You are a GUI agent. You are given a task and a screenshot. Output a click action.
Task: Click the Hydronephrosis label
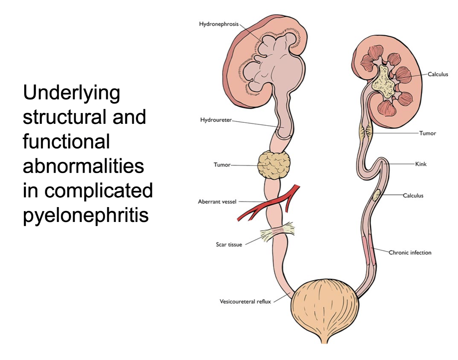pyautogui.click(x=219, y=24)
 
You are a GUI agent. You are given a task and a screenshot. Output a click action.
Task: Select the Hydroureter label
pyautogui.click(x=215, y=120)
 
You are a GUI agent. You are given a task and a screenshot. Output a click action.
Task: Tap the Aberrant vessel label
pyautogui.click(x=217, y=202)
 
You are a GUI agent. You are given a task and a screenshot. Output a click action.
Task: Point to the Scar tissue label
pyautogui.click(x=229, y=245)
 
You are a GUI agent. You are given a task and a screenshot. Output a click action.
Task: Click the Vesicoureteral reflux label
pyautogui.click(x=245, y=301)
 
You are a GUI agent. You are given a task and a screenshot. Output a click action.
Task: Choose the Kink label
pyautogui.click(x=421, y=164)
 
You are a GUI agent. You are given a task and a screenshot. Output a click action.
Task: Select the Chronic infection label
pyautogui.click(x=410, y=252)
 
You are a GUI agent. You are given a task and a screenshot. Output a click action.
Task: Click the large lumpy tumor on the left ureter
pyautogui.click(x=274, y=165)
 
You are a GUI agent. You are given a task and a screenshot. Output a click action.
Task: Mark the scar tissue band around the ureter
pyautogui.click(x=278, y=231)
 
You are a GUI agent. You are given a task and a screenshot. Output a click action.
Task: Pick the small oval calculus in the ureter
pyautogui.click(x=376, y=195)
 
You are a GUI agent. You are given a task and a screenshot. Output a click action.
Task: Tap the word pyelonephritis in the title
pyautogui.click(x=86, y=215)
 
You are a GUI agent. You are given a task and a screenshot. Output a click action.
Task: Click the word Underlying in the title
pyautogui.click(x=71, y=93)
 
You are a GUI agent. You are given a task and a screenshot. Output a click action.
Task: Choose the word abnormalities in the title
pyautogui.click(x=83, y=166)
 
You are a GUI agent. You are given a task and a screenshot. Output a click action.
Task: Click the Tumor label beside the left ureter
pyautogui.click(x=222, y=165)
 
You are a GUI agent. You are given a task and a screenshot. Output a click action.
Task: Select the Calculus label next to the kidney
pyautogui.click(x=438, y=74)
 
